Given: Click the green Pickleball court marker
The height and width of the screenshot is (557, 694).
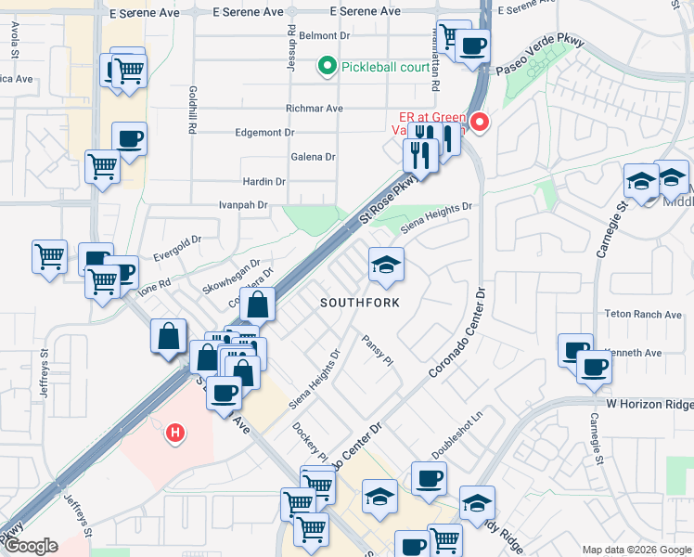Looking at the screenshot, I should point(326,66).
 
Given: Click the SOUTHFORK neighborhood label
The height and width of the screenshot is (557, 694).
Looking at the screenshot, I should point(360,303).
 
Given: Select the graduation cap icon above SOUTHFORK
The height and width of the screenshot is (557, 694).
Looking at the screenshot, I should point(386,266).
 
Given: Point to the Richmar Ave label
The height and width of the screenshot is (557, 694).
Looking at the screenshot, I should point(315,109).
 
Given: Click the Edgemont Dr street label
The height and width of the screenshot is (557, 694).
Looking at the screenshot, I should point(264,133).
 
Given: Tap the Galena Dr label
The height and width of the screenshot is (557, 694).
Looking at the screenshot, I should point(312,157).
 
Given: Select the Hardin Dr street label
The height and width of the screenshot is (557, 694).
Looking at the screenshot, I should point(263,181).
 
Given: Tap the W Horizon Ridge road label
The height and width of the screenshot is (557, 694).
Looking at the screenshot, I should point(649,404).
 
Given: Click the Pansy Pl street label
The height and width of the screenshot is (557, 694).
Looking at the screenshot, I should point(379,350).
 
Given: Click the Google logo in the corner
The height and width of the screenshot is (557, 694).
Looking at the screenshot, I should point(32,546).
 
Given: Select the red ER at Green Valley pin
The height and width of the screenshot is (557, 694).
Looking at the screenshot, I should point(480,122).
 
